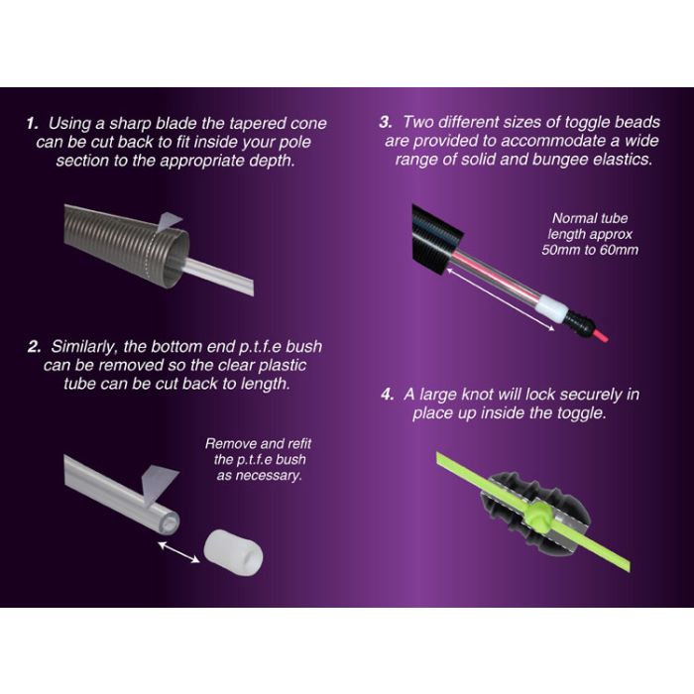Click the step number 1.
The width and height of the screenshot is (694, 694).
coord(32,124)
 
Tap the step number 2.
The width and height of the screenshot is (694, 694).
coord(34,347)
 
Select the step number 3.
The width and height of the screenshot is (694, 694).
coord(386,122)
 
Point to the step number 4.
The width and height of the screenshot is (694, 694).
coord(388,394)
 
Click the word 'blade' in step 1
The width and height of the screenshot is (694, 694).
coord(176,124)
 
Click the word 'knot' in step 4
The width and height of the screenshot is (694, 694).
coord(477,394)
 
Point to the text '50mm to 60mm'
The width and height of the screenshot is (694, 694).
coord(590,250)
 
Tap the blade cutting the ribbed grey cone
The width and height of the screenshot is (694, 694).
coord(168,222)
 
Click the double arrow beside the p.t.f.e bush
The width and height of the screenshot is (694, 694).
coord(178,552)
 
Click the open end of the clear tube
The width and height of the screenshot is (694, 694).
coord(170,522)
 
